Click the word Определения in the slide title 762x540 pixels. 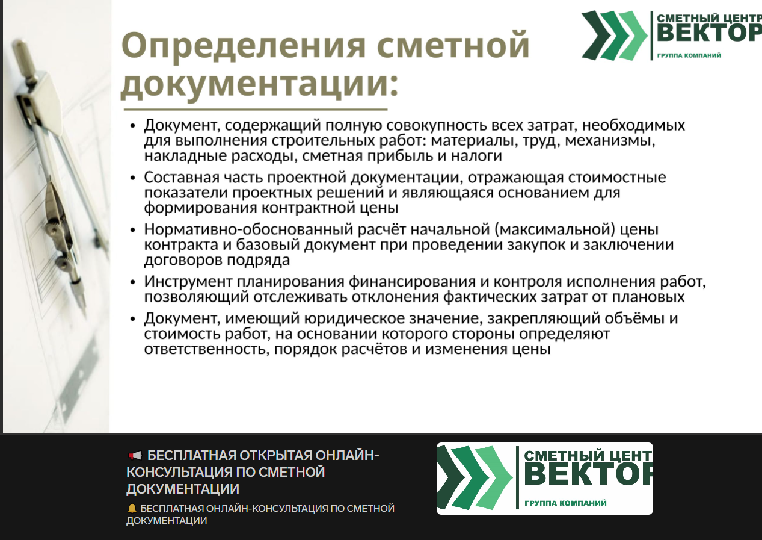[x=244, y=46]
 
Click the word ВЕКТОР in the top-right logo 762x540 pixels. [x=709, y=33]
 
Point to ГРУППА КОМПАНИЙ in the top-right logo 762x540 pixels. [x=689, y=55]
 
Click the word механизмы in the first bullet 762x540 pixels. [x=610, y=141]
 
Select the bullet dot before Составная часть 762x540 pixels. [x=133, y=178]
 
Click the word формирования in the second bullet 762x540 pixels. [x=200, y=208]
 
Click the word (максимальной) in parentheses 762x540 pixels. [x=555, y=230]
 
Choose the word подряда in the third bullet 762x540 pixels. [x=259, y=261]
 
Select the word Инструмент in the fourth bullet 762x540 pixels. [x=188, y=282]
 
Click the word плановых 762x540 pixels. [x=648, y=297]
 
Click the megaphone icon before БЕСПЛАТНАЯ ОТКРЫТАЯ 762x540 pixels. [x=135, y=456]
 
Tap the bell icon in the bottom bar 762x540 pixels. [x=132, y=508]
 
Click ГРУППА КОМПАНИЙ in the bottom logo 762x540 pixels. [x=565, y=503]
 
